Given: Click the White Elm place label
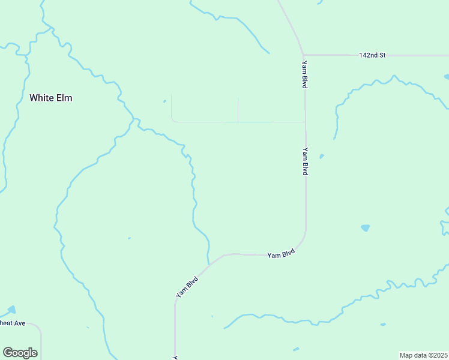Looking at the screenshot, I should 51,97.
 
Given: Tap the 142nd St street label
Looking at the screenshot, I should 372,55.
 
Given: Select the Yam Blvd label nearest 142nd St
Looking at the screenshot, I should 305,75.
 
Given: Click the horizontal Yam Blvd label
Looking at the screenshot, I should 281,254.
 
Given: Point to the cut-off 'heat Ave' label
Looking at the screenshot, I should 12,323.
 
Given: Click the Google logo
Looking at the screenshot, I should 20,353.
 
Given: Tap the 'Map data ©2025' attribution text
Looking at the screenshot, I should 423,355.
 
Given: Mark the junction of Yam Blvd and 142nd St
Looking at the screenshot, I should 304,55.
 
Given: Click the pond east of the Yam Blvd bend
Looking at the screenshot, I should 365,228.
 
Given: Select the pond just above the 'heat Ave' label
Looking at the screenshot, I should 11,310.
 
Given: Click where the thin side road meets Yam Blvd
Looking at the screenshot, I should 306,122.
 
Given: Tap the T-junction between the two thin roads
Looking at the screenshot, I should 238,122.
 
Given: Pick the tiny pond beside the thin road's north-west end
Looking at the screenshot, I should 164,101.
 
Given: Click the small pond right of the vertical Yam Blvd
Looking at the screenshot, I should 322,157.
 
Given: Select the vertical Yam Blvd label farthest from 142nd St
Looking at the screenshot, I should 306,161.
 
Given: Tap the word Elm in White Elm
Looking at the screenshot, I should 65,97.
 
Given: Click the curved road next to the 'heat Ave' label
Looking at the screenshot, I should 38,329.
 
